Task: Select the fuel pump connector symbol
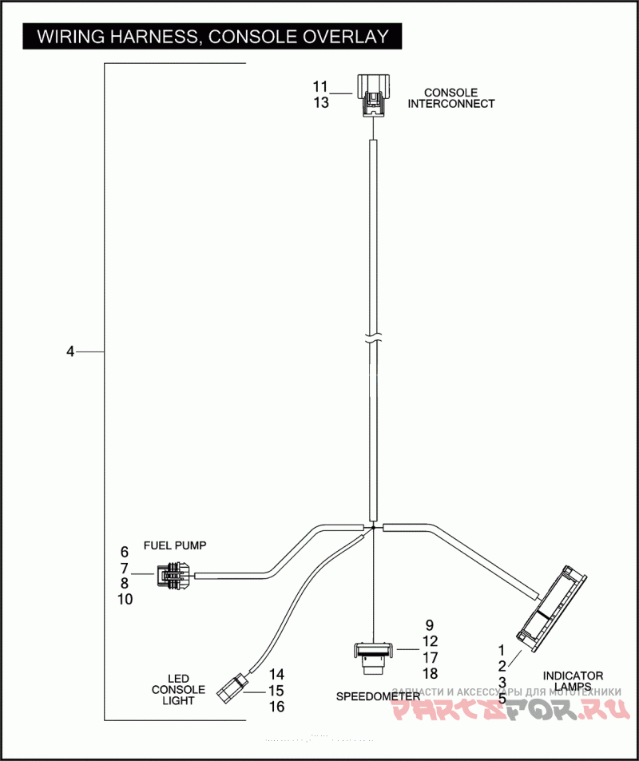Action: pos(173,574)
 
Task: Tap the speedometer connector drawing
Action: pos(374,653)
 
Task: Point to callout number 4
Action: pos(70,351)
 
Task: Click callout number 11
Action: pos(320,86)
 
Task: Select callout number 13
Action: pos(320,102)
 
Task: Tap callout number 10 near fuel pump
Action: pos(125,599)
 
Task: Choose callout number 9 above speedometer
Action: pos(429,625)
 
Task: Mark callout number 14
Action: pos(276,675)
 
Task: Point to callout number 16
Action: pos(276,707)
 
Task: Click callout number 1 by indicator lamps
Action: pos(502,650)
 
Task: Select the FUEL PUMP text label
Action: pos(175,546)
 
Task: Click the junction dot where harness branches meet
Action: pos(374,528)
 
